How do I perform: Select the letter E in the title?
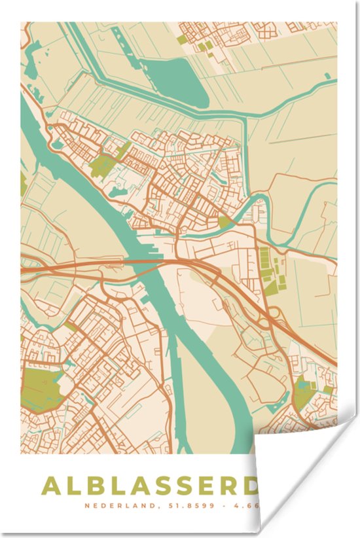tap(209, 486)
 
